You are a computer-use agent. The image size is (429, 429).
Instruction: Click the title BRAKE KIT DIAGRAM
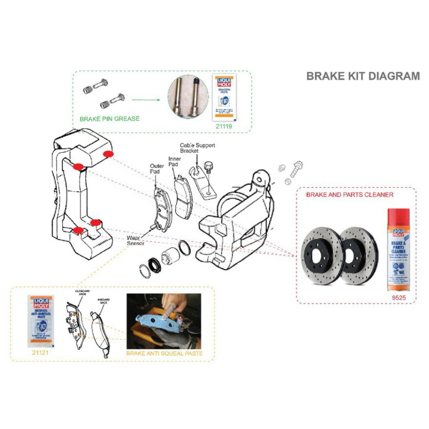[x=363, y=76]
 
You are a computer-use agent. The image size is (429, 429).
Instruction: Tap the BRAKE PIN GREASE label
[x=110, y=119]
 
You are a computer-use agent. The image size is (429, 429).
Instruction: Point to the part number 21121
[x=41, y=351]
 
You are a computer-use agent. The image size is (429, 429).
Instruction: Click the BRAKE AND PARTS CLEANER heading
[x=350, y=195]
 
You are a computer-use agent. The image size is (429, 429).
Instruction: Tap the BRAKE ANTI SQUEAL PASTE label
[x=164, y=353]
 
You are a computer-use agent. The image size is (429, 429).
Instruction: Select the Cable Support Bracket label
[x=197, y=148]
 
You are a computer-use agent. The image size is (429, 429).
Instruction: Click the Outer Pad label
[x=156, y=169]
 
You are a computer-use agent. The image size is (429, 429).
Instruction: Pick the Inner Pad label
[x=175, y=161]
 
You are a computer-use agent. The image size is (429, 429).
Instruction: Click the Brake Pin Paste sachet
[x=224, y=97]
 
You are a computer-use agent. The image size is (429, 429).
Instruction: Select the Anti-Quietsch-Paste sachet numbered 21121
[x=41, y=320]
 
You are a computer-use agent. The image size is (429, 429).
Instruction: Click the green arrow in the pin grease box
[x=146, y=102]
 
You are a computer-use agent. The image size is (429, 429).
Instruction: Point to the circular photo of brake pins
[x=188, y=97]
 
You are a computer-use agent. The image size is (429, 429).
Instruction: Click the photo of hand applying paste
[x=163, y=321]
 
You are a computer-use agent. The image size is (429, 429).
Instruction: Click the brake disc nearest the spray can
[x=359, y=255]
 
